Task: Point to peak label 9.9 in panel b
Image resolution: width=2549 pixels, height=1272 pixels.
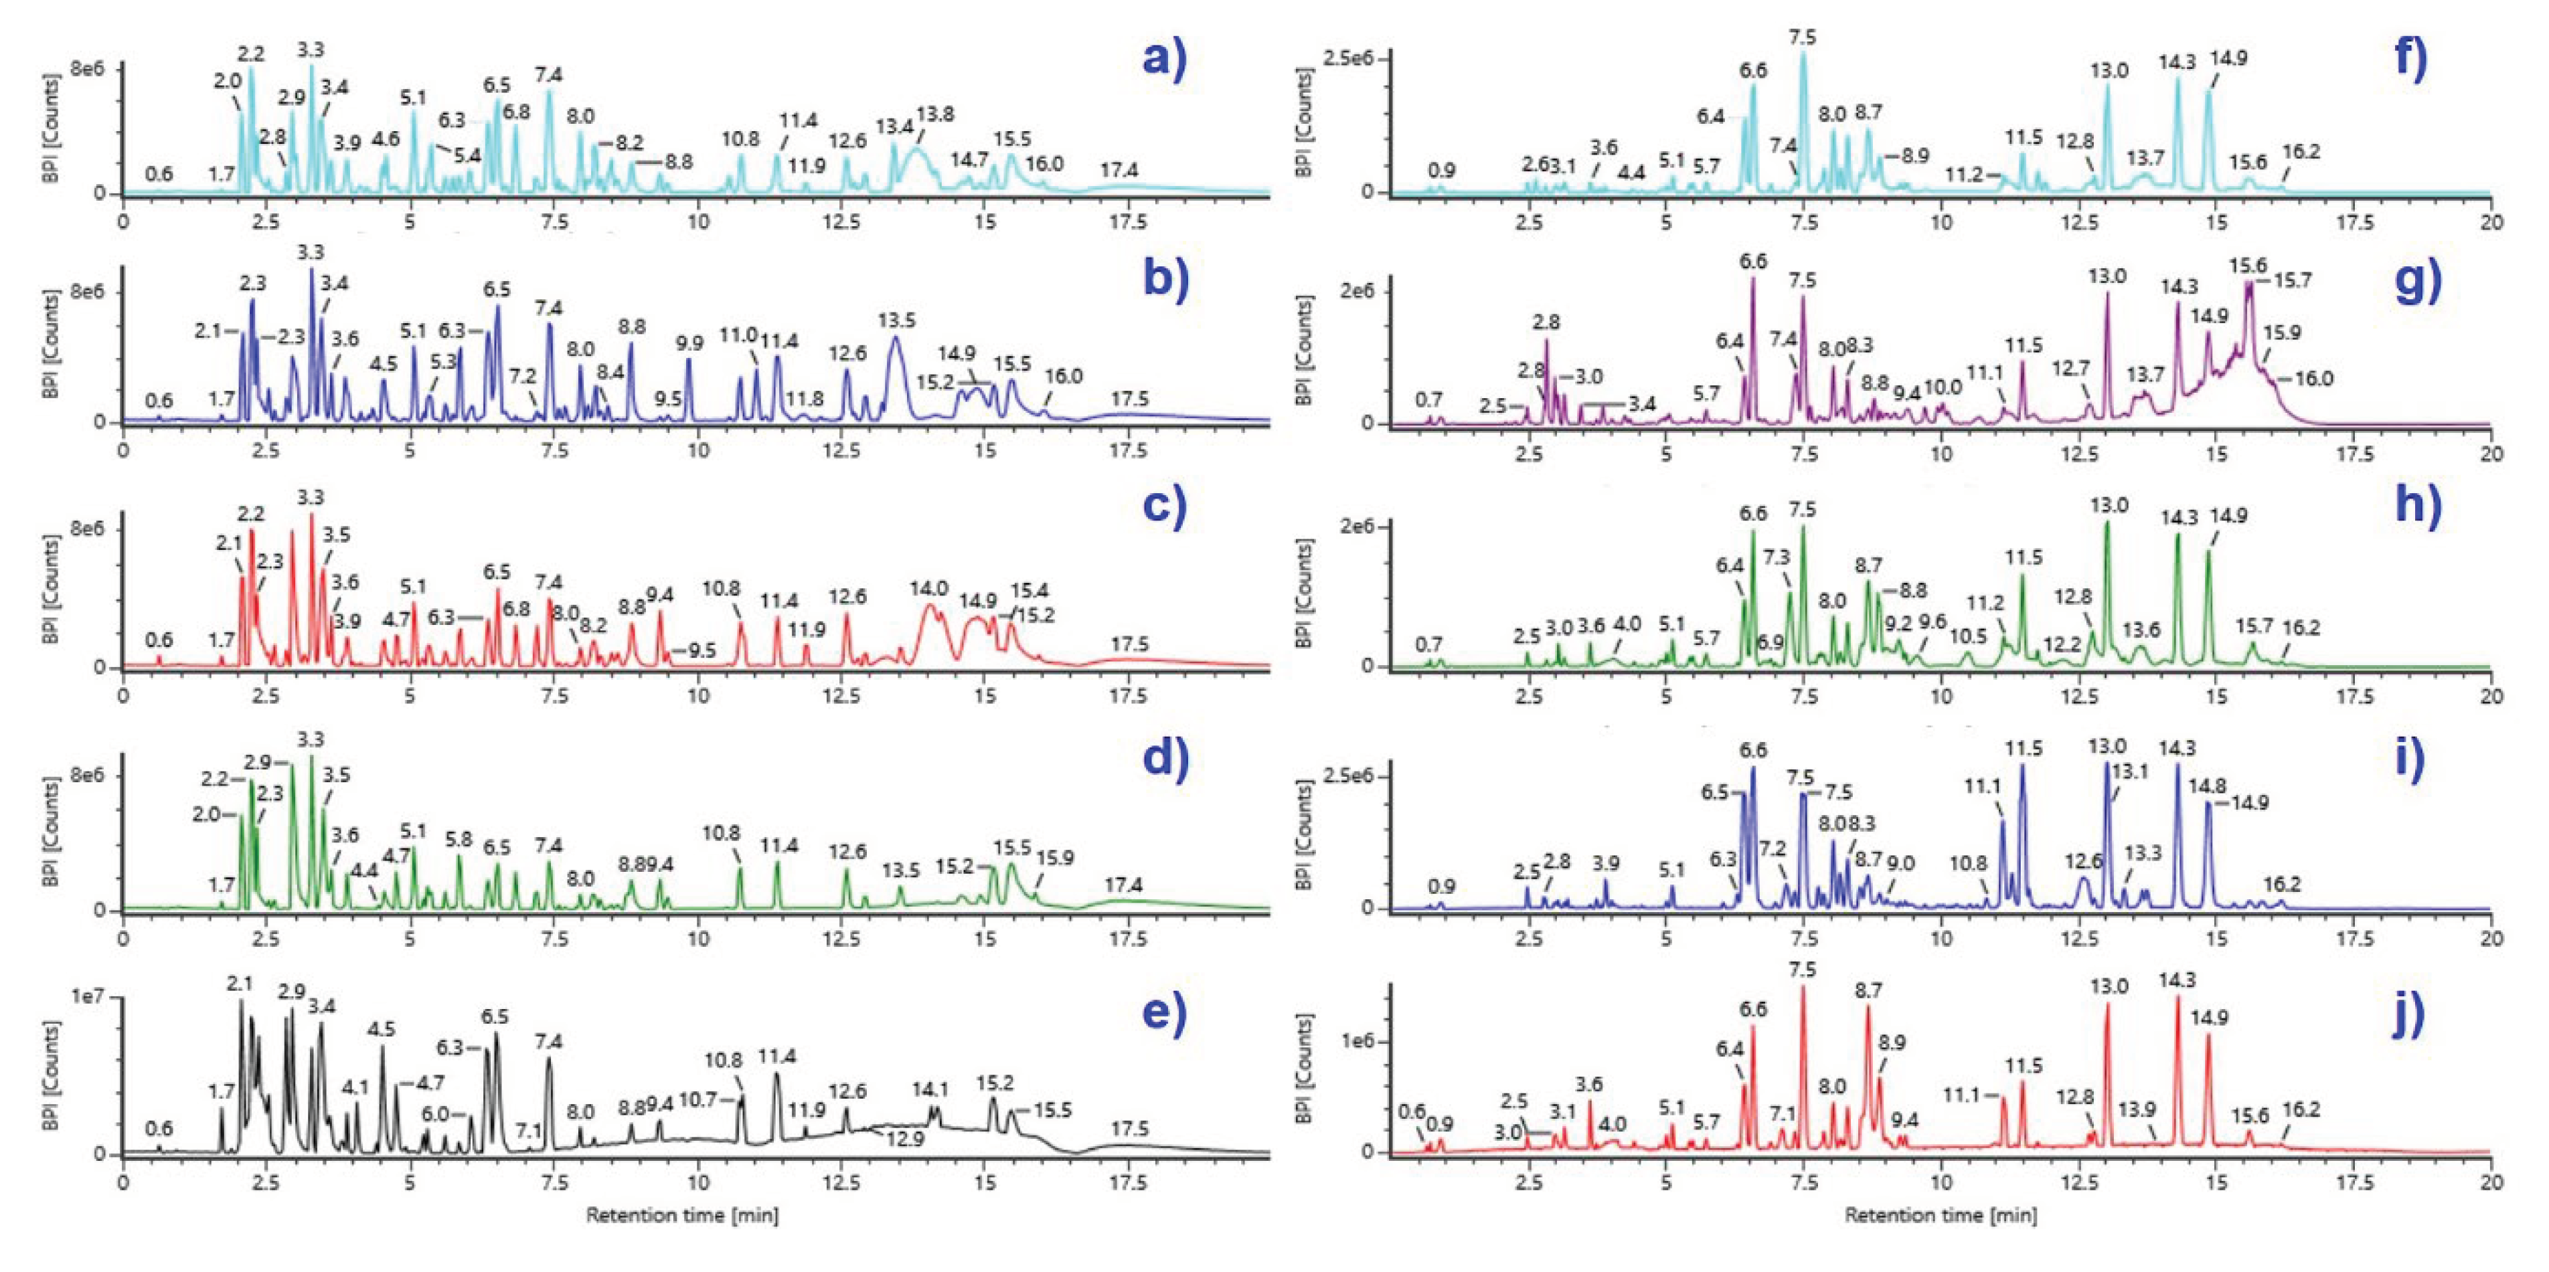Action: [x=689, y=343]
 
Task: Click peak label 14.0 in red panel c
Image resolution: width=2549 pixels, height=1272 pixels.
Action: [x=929, y=589]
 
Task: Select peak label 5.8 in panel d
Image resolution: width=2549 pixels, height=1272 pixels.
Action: [x=458, y=839]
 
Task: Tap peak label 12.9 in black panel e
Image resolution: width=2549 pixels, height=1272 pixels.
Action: [x=904, y=1140]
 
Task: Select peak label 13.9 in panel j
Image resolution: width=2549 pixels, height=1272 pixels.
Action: [x=2137, y=1110]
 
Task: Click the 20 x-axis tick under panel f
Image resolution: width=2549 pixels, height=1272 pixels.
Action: [x=2491, y=223]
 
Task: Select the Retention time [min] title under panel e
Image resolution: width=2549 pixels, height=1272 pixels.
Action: [x=682, y=1214]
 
